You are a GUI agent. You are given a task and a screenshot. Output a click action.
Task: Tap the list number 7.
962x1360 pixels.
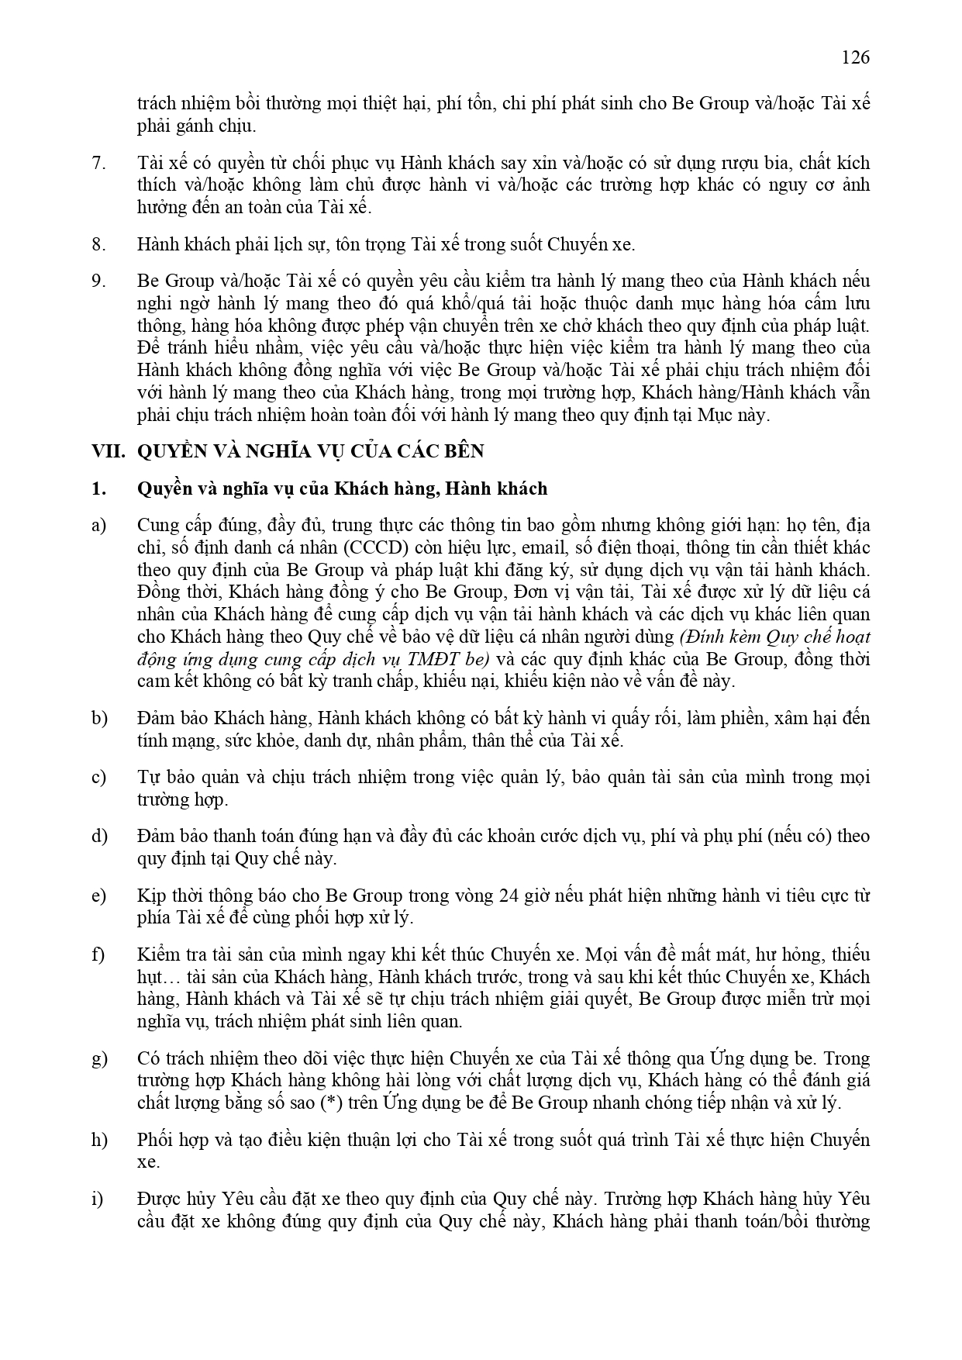tap(98, 163)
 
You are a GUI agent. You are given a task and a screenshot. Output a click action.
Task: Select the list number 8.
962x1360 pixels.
tap(98, 244)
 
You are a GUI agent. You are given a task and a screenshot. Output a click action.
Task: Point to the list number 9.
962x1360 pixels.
tap(98, 281)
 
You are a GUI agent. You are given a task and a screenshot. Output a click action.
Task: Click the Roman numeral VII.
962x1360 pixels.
tap(108, 451)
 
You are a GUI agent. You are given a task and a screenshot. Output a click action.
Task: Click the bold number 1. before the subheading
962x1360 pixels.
tap(98, 488)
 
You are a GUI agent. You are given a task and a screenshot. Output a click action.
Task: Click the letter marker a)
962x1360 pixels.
tap(98, 526)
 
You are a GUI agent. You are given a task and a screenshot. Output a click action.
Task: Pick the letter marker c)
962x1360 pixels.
tap(98, 777)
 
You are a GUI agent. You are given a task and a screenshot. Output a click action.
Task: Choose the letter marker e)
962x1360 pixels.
tap(98, 896)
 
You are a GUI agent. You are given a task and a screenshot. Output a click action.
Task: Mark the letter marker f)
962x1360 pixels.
tap(98, 954)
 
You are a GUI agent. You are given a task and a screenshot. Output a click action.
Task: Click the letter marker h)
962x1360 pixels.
tap(98, 1140)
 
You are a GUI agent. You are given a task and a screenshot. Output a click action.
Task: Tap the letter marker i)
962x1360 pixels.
tap(97, 1199)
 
